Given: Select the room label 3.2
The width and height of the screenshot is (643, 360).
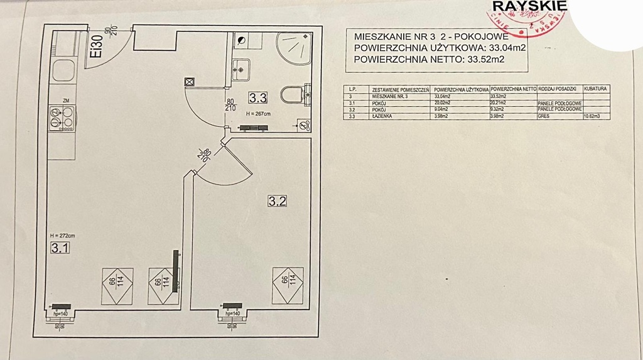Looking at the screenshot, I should click(277, 202).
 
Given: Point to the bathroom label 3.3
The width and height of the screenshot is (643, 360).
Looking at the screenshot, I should click(258, 97).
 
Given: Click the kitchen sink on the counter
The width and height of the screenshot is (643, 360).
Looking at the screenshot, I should click(63, 70).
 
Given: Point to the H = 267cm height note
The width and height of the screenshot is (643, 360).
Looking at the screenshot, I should click(258, 113).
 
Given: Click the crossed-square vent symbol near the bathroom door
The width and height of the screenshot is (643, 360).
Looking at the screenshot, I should click(190, 82).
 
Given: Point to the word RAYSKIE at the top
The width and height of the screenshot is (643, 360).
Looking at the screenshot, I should click(531, 6).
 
